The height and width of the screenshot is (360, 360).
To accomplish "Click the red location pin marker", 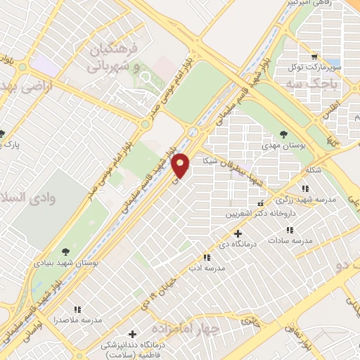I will coord(181,165).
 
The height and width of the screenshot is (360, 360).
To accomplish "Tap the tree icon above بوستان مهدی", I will coord(284,133).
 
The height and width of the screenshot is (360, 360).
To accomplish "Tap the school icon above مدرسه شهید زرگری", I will coord(304,188).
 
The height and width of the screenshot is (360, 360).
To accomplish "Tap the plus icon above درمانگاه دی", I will coord(238,233).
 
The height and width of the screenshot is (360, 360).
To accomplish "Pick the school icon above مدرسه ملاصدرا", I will coord(77,309).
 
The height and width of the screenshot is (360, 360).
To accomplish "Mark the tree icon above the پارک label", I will coord(2,134).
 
